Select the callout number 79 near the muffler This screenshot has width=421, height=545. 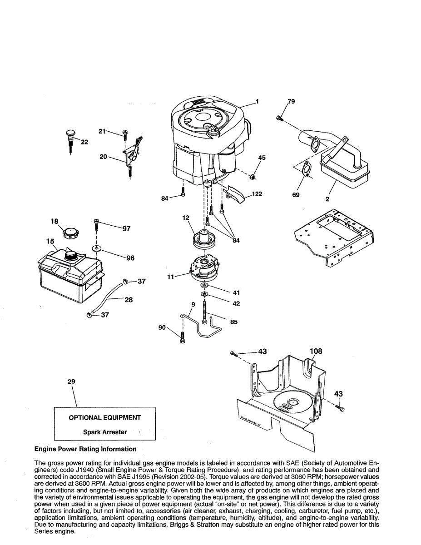pyautogui.click(x=291, y=101)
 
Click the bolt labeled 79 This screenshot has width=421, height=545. pyautogui.click(x=278, y=119)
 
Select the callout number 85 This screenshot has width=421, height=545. pyautogui.click(x=234, y=322)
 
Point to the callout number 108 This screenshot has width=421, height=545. pyautogui.click(x=316, y=351)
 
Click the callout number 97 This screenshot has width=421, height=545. pyautogui.click(x=126, y=228)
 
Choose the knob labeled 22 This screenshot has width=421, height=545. pyautogui.click(x=70, y=134)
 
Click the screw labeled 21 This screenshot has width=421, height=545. pyautogui.click(x=124, y=134)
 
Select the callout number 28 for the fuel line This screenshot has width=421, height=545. pyautogui.click(x=129, y=300)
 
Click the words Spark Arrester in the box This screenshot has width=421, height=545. pyautogui.click(x=105, y=432)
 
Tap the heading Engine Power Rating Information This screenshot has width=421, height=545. pyautogui.click(x=85, y=449)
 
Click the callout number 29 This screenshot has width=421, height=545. pyautogui.click(x=71, y=381)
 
